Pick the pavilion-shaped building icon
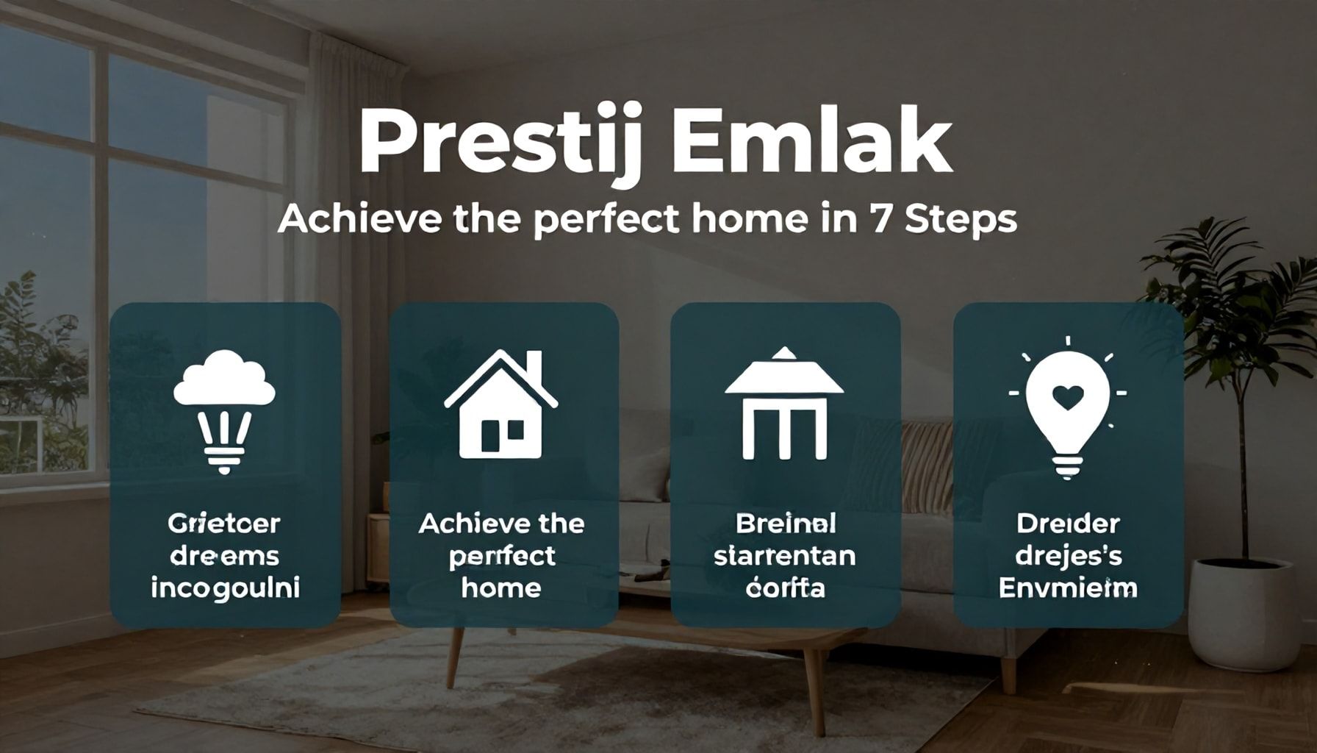pyautogui.click(x=784, y=404)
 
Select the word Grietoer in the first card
pyautogui.click(x=224, y=524)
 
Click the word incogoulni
pyautogui.click(x=225, y=588)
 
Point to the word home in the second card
pyautogui.click(x=501, y=588)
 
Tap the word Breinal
pyautogui.click(x=786, y=524)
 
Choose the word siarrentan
pyautogui.click(x=785, y=555)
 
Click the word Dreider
pyautogui.click(x=1068, y=524)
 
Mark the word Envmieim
pyautogui.click(x=1068, y=588)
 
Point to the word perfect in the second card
pyautogui.click(x=501, y=556)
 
